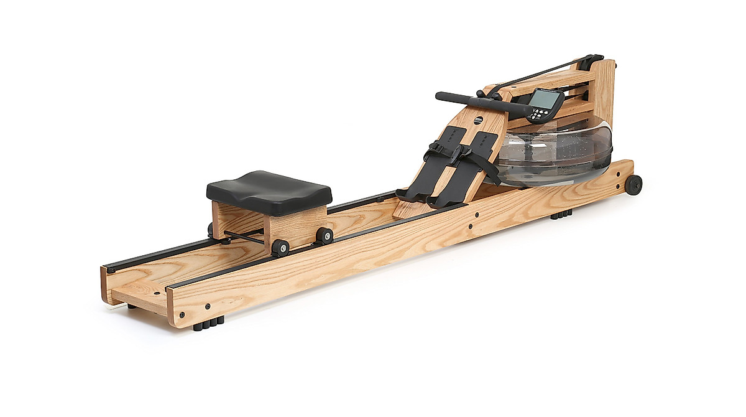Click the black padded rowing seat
(x=269, y=190)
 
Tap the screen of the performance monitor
(x=545, y=99)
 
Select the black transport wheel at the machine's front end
(x=633, y=185)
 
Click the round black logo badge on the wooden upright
(x=478, y=121)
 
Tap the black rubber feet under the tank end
(x=561, y=214)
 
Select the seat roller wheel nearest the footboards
(x=324, y=235)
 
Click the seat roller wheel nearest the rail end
(x=280, y=247)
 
